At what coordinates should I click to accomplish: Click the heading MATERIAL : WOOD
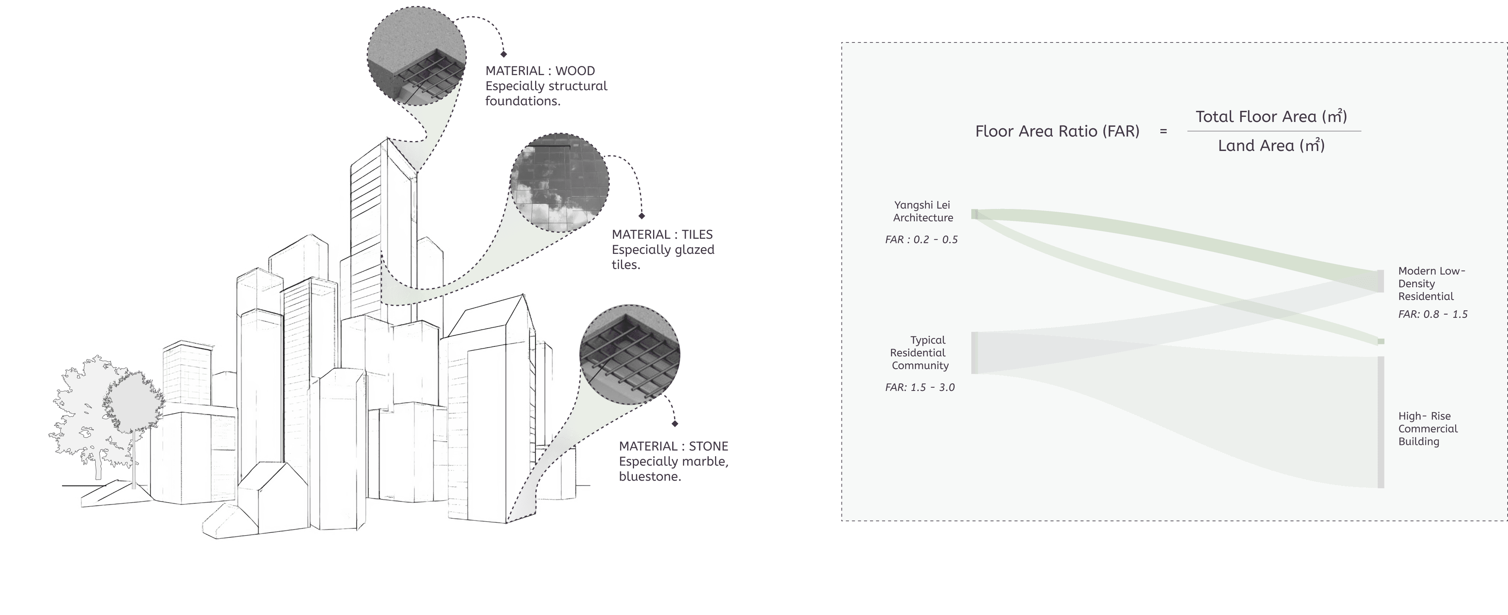point(540,71)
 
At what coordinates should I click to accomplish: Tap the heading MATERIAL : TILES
point(662,234)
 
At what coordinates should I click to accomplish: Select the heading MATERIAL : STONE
point(673,446)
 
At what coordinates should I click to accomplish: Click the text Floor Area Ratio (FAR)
point(1057,131)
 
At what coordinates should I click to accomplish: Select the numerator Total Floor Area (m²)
point(1271,116)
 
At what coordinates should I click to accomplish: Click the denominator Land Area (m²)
point(1271,146)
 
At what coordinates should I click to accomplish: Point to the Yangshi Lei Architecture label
point(922,211)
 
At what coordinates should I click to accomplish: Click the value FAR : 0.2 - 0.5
point(921,240)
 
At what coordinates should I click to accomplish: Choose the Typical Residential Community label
point(919,353)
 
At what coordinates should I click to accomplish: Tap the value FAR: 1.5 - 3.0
point(920,387)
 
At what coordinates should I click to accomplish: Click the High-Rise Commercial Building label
point(1427,429)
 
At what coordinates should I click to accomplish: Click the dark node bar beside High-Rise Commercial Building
point(1381,422)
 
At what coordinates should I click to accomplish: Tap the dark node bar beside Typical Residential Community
point(974,353)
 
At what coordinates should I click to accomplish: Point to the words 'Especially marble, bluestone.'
point(673,469)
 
